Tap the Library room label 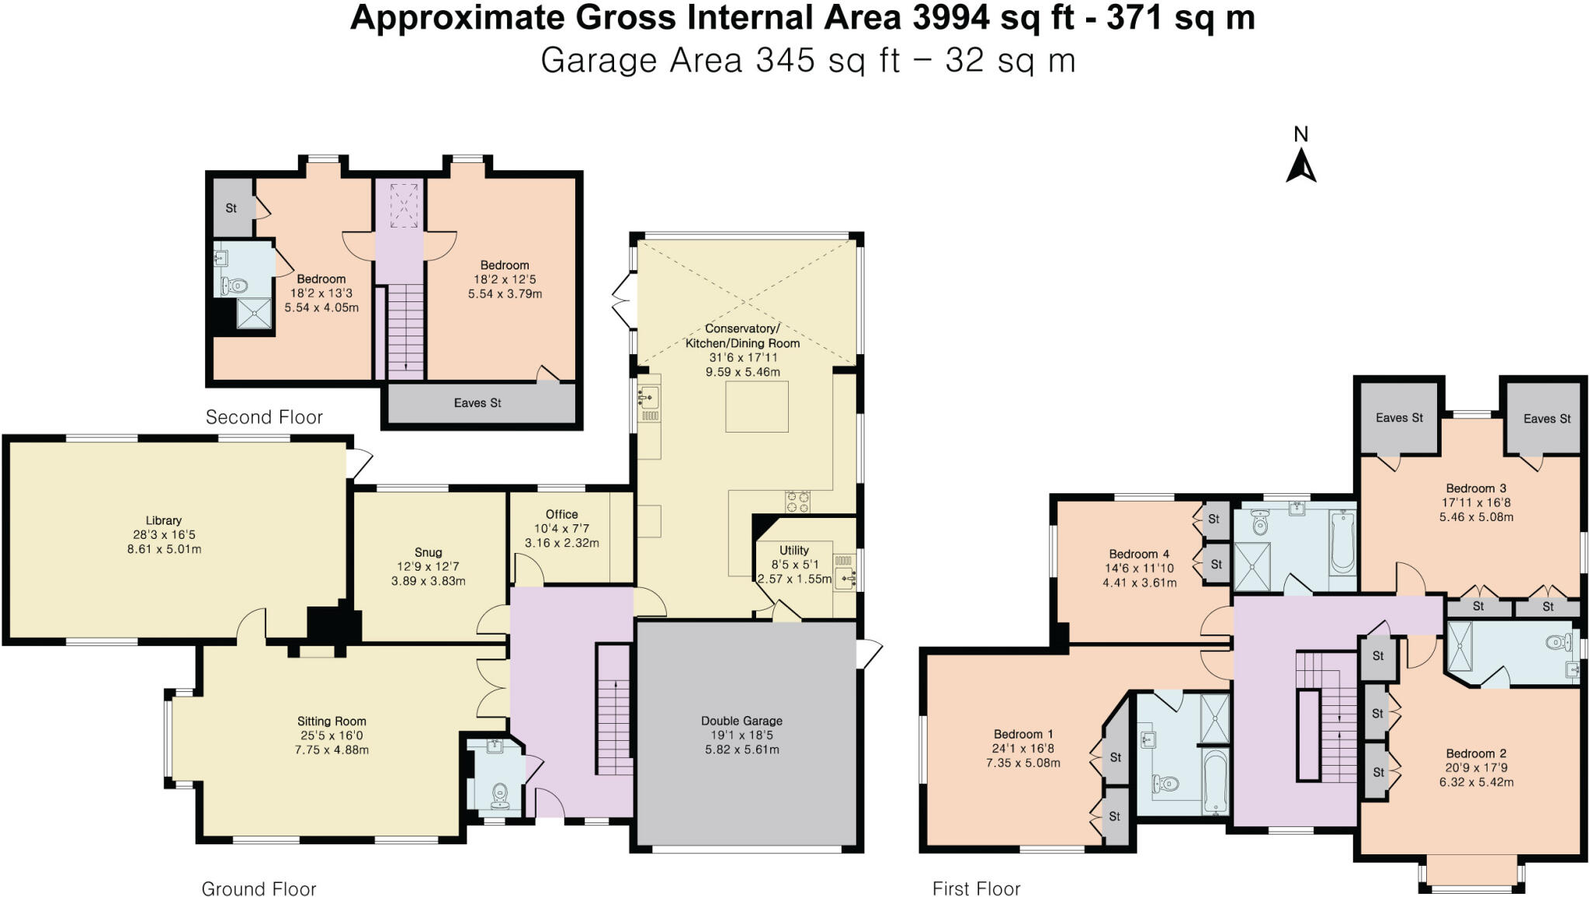(164, 520)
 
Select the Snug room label (428, 552)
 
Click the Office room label (561, 514)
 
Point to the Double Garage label (741, 721)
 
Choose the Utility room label (794, 550)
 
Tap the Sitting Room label (332, 721)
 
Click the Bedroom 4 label (1139, 554)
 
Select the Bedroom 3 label (1476, 488)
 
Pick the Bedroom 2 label (1476, 753)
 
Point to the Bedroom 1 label (1023, 734)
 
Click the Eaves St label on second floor (477, 403)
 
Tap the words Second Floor (264, 417)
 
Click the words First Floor (977, 888)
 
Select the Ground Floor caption (259, 888)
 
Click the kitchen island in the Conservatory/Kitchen (757, 406)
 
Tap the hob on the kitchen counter (797, 502)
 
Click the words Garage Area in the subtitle (643, 61)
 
